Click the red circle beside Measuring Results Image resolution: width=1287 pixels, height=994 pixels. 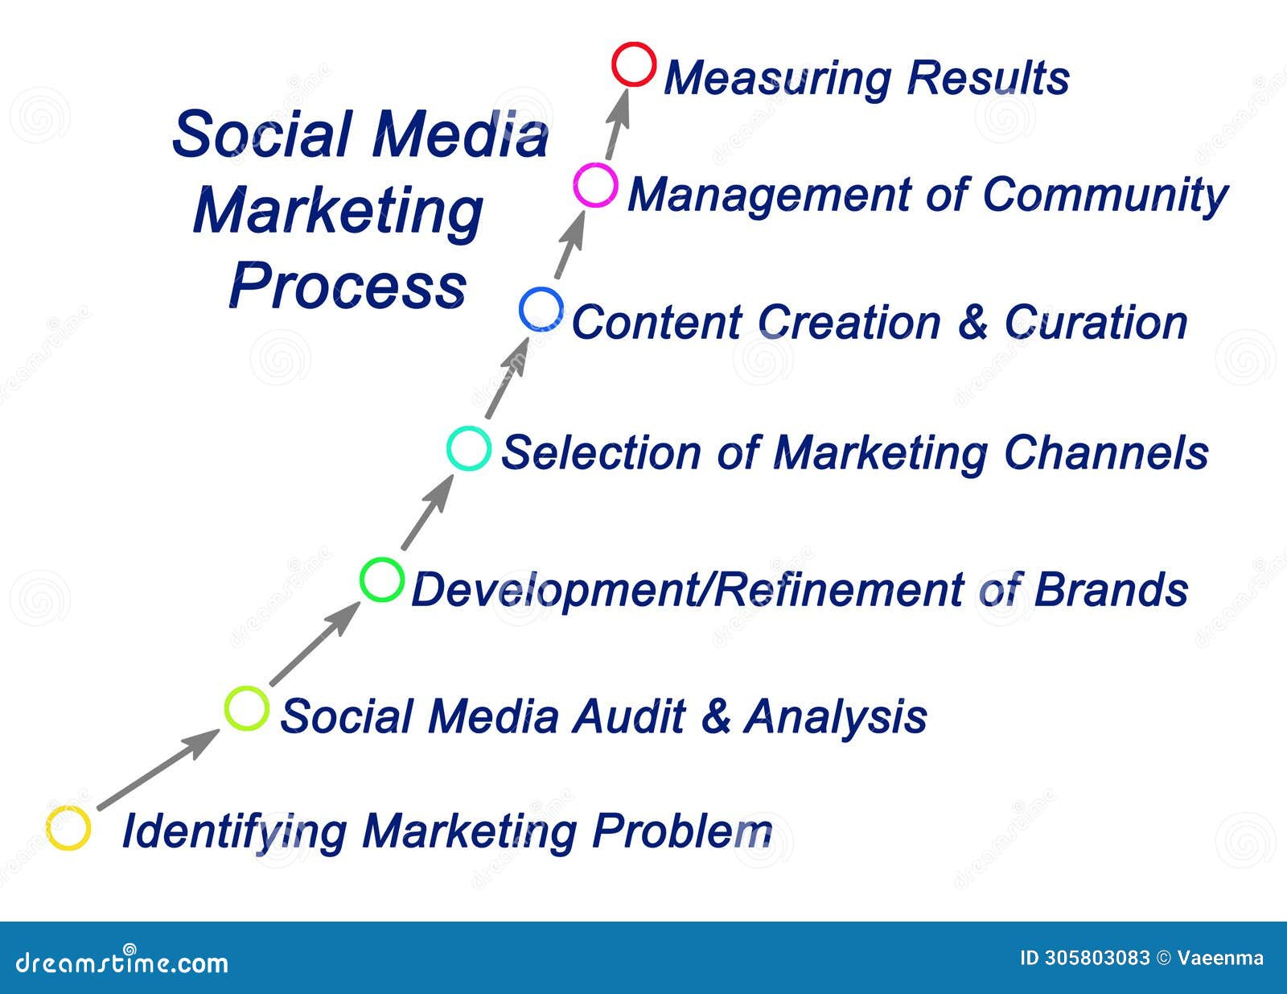pyautogui.click(x=634, y=65)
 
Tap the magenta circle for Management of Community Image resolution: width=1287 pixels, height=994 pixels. pyautogui.click(x=595, y=186)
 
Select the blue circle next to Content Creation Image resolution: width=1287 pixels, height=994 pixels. pyautogui.click(x=541, y=310)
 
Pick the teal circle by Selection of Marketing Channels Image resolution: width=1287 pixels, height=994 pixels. pyautogui.click(x=468, y=449)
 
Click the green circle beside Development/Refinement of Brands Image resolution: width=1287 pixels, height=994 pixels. pyautogui.click(x=381, y=579)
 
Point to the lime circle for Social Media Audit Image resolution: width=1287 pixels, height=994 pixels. pyautogui.click(x=246, y=709)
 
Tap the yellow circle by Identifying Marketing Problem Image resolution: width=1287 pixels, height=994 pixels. pyautogui.click(x=68, y=828)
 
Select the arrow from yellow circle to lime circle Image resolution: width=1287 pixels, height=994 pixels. pyautogui.click(x=157, y=769)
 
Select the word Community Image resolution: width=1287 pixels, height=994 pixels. pyautogui.click(x=1105, y=196)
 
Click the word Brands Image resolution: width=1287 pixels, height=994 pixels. pyautogui.click(x=1111, y=590)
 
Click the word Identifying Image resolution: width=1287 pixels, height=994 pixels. pyautogui.click(x=233, y=831)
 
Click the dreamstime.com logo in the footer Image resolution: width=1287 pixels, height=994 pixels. pyautogui.click(x=121, y=962)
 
